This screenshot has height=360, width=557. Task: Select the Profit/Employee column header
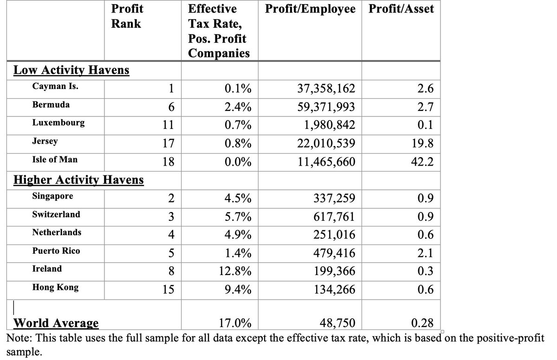(x=310, y=9)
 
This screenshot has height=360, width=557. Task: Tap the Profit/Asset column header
(x=401, y=9)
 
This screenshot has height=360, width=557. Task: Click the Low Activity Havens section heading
(x=71, y=71)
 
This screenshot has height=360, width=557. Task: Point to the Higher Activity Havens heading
(x=78, y=180)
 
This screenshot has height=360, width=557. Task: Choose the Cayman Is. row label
(x=52, y=86)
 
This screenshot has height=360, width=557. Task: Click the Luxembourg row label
(x=58, y=123)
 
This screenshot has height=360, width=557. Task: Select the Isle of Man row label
(x=55, y=160)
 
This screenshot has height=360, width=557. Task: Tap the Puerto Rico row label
(x=56, y=251)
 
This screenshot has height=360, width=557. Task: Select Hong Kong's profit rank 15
(x=168, y=290)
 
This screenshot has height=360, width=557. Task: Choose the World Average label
(x=56, y=323)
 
